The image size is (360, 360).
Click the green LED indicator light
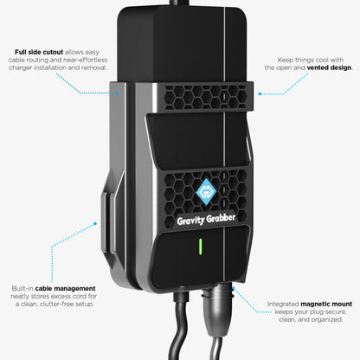201,247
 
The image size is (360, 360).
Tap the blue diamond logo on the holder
206,192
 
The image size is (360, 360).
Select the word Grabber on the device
221,218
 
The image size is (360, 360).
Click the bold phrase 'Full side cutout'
39,52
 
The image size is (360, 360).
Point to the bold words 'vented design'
329,67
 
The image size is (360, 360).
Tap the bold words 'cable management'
65,288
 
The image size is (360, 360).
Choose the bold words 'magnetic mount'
326,304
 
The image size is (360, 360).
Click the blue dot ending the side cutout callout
118,93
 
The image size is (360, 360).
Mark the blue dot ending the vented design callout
260,93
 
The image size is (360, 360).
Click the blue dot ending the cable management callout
95,223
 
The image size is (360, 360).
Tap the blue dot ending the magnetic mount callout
234,288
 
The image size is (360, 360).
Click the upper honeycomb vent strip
205,97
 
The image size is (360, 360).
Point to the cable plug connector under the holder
216,309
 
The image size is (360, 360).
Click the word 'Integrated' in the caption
283,305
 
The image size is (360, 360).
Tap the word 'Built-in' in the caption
22,288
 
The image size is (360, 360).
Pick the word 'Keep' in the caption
286,61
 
